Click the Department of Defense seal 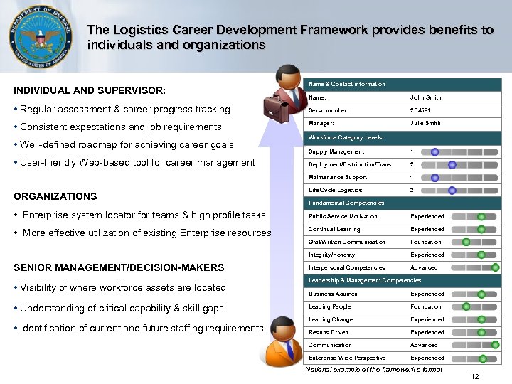click(x=40, y=36)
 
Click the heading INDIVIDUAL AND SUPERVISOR click(x=90, y=91)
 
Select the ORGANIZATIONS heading click(x=55, y=196)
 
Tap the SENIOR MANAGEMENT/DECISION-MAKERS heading click(x=119, y=267)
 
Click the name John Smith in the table click(x=425, y=97)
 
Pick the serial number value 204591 click(x=420, y=110)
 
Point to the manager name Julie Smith click(x=425, y=123)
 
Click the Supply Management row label click(x=336, y=151)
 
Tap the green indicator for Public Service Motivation click(x=481, y=216)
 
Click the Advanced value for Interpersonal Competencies click(x=424, y=268)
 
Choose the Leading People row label click(x=329, y=306)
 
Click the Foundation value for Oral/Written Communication click(x=425, y=242)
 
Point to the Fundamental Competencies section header click(x=346, y=203)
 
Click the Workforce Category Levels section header click(x=345, y=137)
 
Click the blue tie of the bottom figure click(x=289, y=350)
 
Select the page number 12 click(x=475, y=376)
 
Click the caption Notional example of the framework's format click(x=373, y=369)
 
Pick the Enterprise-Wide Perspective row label click(x=346, y=358)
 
